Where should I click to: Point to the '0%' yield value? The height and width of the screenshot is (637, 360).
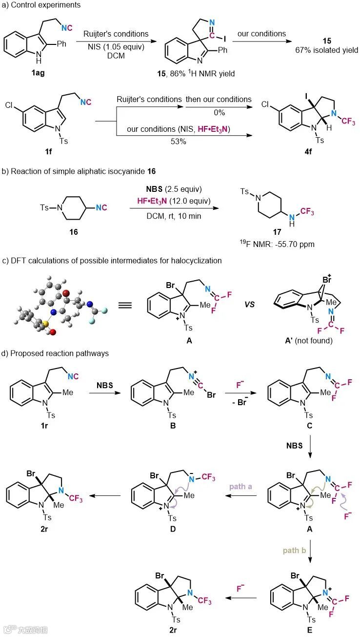point(219,112)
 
